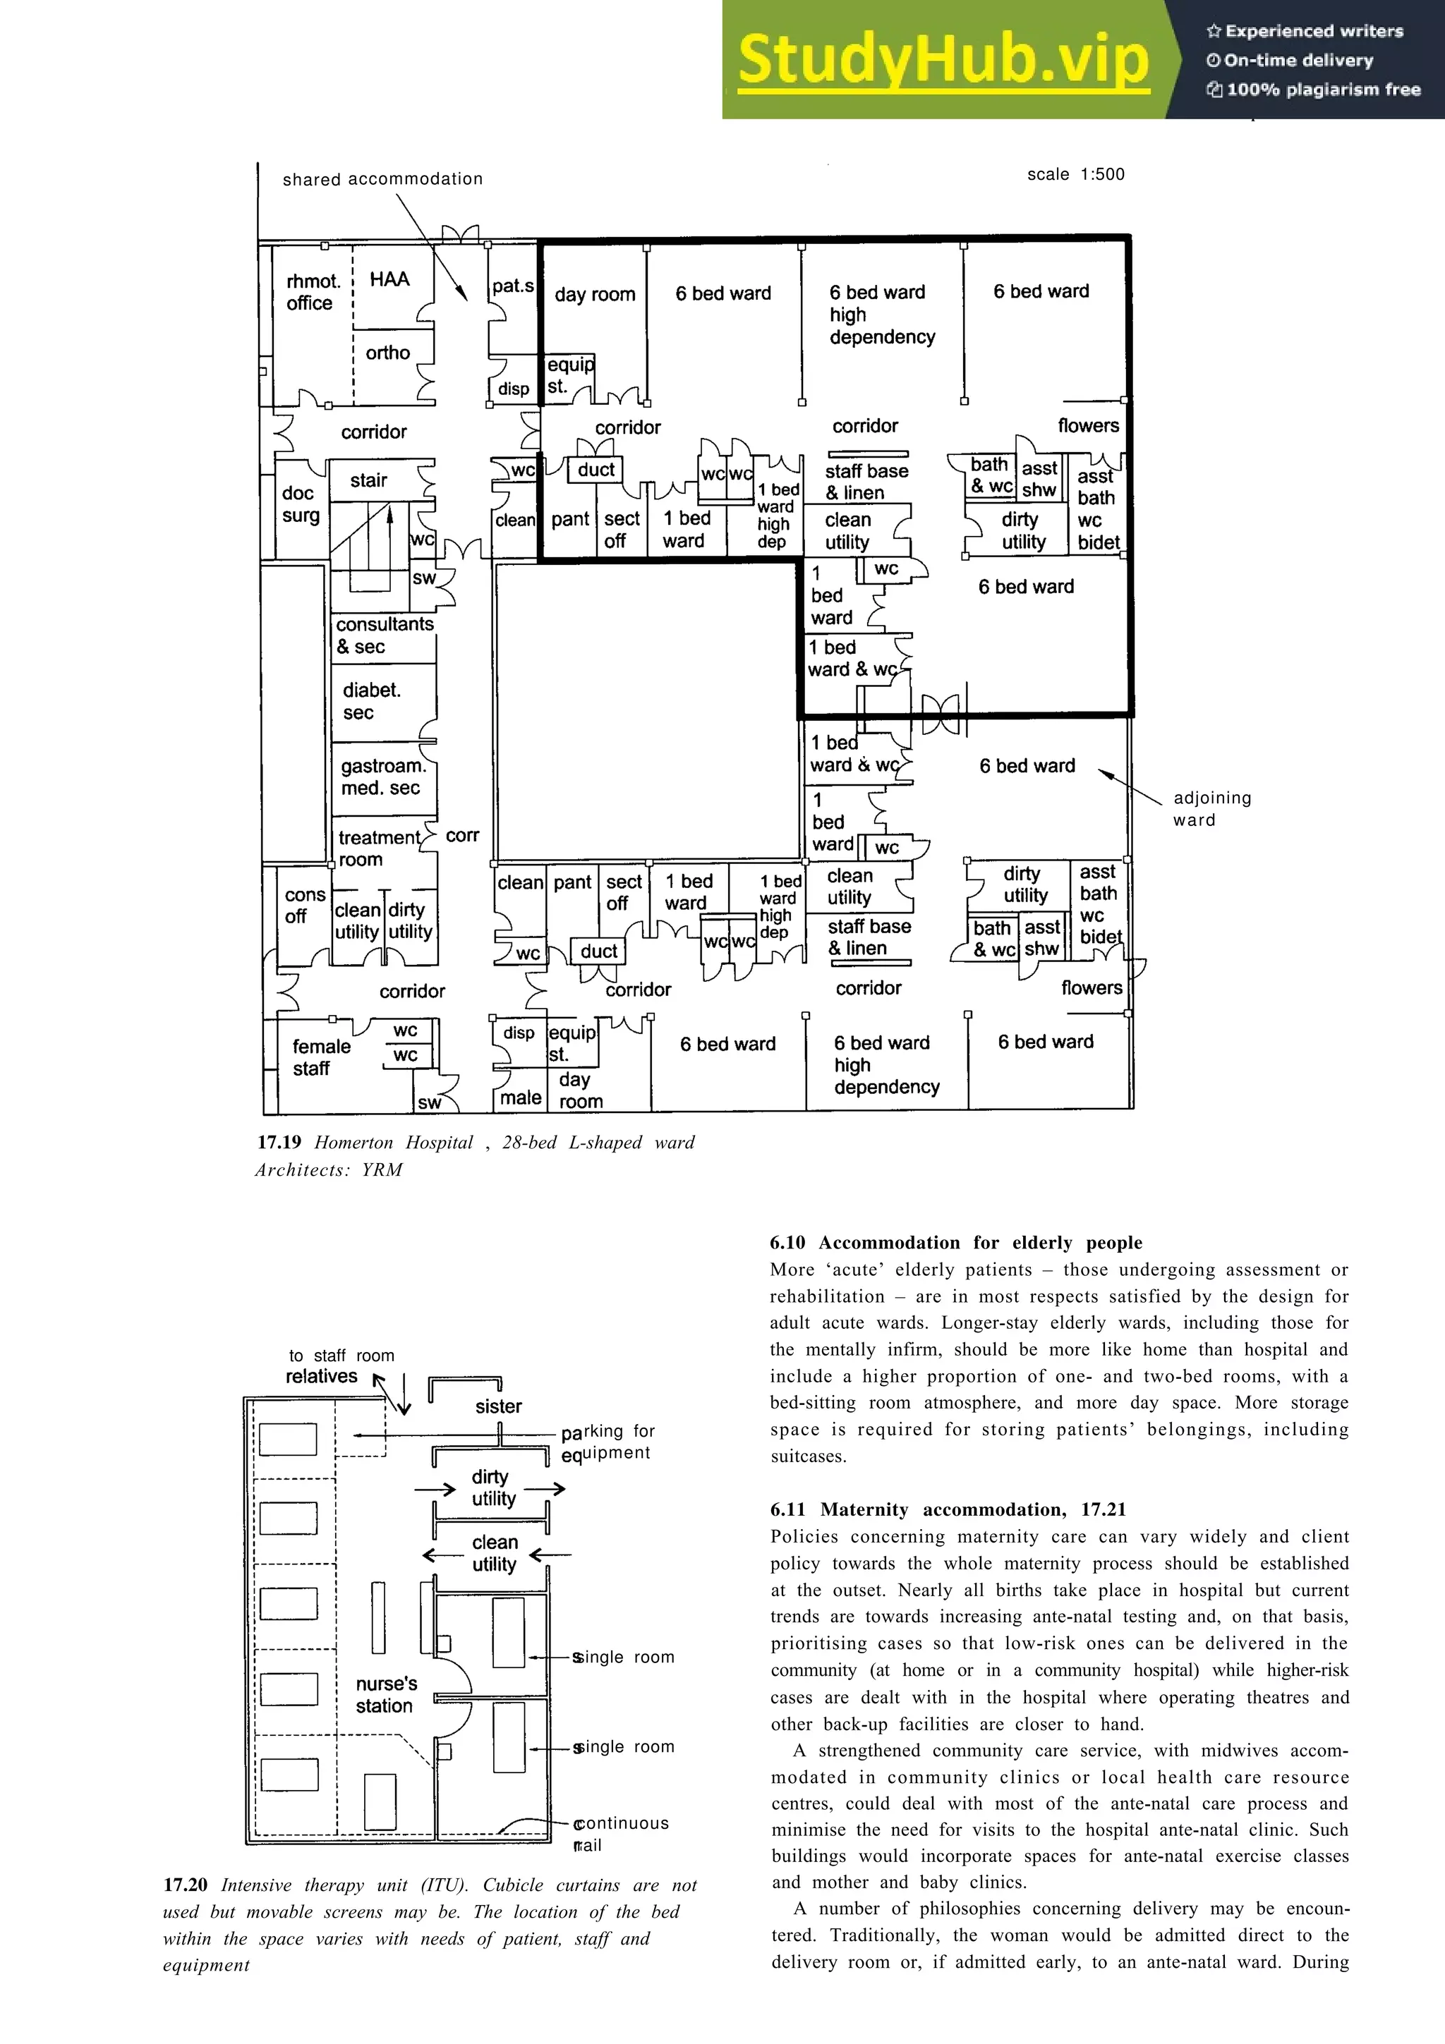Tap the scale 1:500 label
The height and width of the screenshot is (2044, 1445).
pyautogui.click(x=1075, y=174)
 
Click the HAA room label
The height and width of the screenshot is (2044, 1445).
pyautogui.click(x=389, y=279)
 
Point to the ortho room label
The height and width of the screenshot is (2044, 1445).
pyautogui.click(x=387, y=353)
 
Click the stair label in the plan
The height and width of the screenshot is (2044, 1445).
pyautogui.click(x=368, y=481)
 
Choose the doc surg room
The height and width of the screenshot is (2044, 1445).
pyautogui.click(x=300, y=505)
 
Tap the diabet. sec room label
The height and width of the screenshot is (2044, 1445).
pyautogui.click(x=371, y=700)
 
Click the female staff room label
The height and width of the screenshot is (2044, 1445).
pyautogui.click(x=320, y=1057)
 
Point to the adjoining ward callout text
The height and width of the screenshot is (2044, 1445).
pyautogui.click(x=1211, y=808)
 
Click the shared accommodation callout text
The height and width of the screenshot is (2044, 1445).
pyautogui.click(x=382, y=179)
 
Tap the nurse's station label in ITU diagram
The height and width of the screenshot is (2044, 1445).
pyautogui.click(x=385, y=1694)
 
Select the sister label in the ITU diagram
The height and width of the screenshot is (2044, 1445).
pyautogui.click(x=497, y=1406)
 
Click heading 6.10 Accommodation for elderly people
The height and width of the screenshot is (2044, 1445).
pyautogui.click(x=955, y=1243)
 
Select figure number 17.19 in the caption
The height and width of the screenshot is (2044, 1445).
pyautogui.click(x=279, y=1142)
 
